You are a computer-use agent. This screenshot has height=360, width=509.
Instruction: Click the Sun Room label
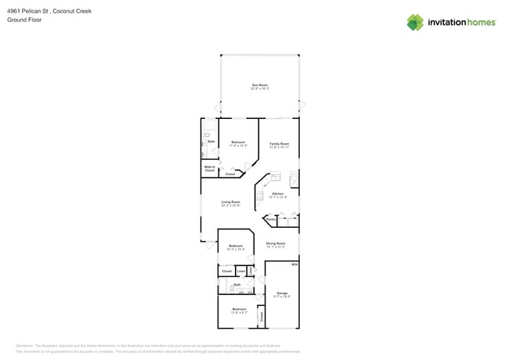pos(260,86)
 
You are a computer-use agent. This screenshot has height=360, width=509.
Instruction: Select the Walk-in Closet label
pos(210,168)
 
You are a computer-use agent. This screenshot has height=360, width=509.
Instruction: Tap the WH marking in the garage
pos(294,265)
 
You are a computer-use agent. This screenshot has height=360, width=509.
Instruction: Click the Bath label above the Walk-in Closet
pos(211,142)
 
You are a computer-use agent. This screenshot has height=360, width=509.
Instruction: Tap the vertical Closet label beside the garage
pos(262,316)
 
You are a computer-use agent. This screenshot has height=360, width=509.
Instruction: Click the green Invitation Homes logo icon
pos(415,23)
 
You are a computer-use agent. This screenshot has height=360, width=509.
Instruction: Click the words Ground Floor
pos(24,20)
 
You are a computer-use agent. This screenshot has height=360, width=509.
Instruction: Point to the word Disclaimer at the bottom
pos(26,345)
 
